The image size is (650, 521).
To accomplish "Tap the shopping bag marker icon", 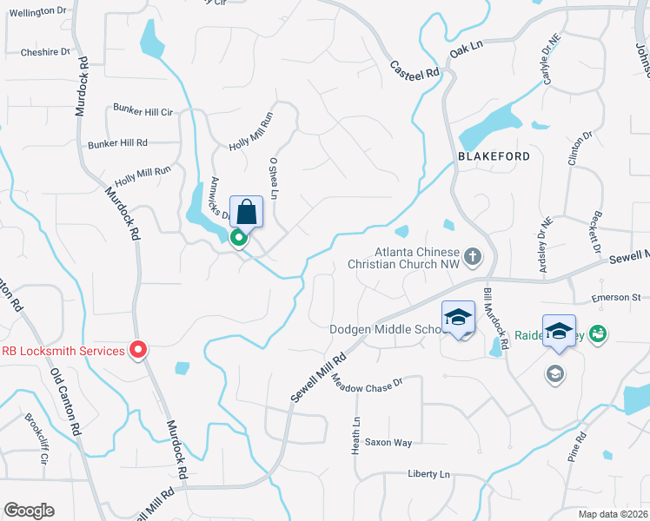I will pos(246,212).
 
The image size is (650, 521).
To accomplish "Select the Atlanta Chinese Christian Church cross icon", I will pos(472,255).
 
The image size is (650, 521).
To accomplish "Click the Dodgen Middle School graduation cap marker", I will pos(458,317).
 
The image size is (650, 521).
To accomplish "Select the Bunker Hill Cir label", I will pos(143,111).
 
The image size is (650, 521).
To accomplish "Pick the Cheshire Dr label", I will pos(45,52).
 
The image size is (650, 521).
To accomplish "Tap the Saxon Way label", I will pos(388,443).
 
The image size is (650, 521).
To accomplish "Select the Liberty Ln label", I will pos(429,474).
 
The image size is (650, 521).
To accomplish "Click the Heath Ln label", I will pos(355,433).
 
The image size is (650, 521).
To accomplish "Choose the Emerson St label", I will pos(615,298).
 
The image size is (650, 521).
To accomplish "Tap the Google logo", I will pos(29,511).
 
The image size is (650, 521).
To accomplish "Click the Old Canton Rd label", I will pos(68,399).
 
